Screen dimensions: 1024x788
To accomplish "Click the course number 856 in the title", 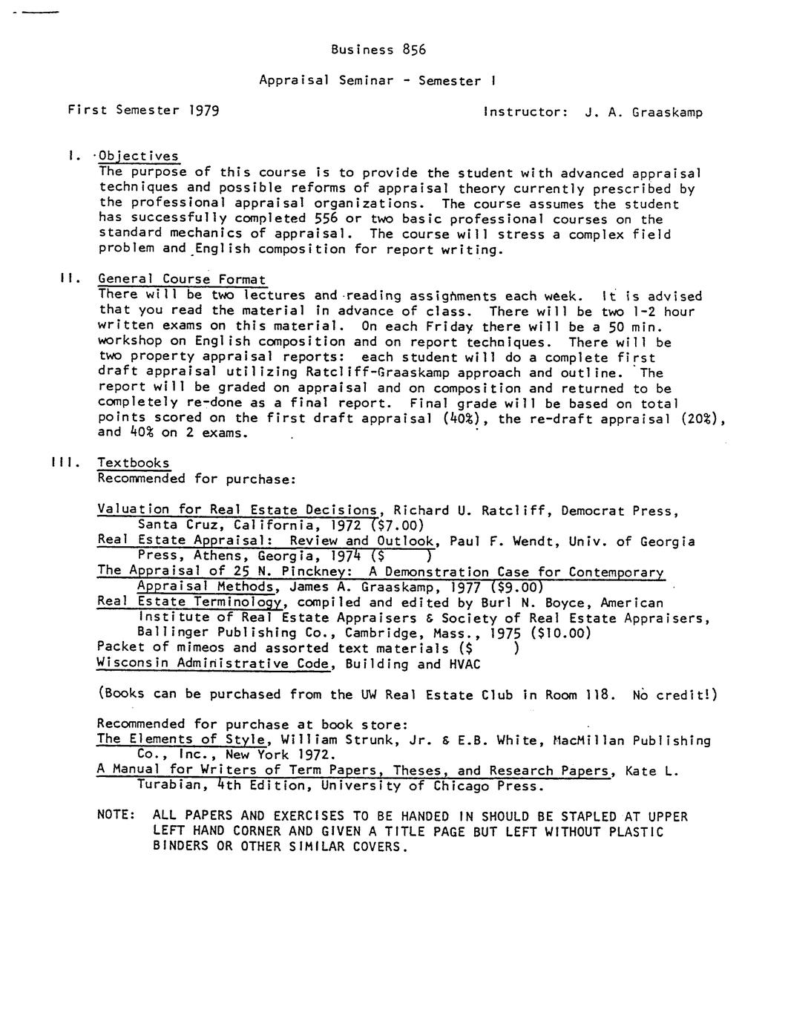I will [414, 50].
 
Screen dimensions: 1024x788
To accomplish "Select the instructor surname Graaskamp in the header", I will [667, 113].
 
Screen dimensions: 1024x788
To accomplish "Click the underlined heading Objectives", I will [139, 157].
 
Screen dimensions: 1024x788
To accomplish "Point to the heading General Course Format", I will [182, 280].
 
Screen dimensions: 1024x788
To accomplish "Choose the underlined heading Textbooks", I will [134, 463].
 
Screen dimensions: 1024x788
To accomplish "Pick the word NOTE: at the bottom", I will [116, 815].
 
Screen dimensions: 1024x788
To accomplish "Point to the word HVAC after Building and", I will [464, 664].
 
